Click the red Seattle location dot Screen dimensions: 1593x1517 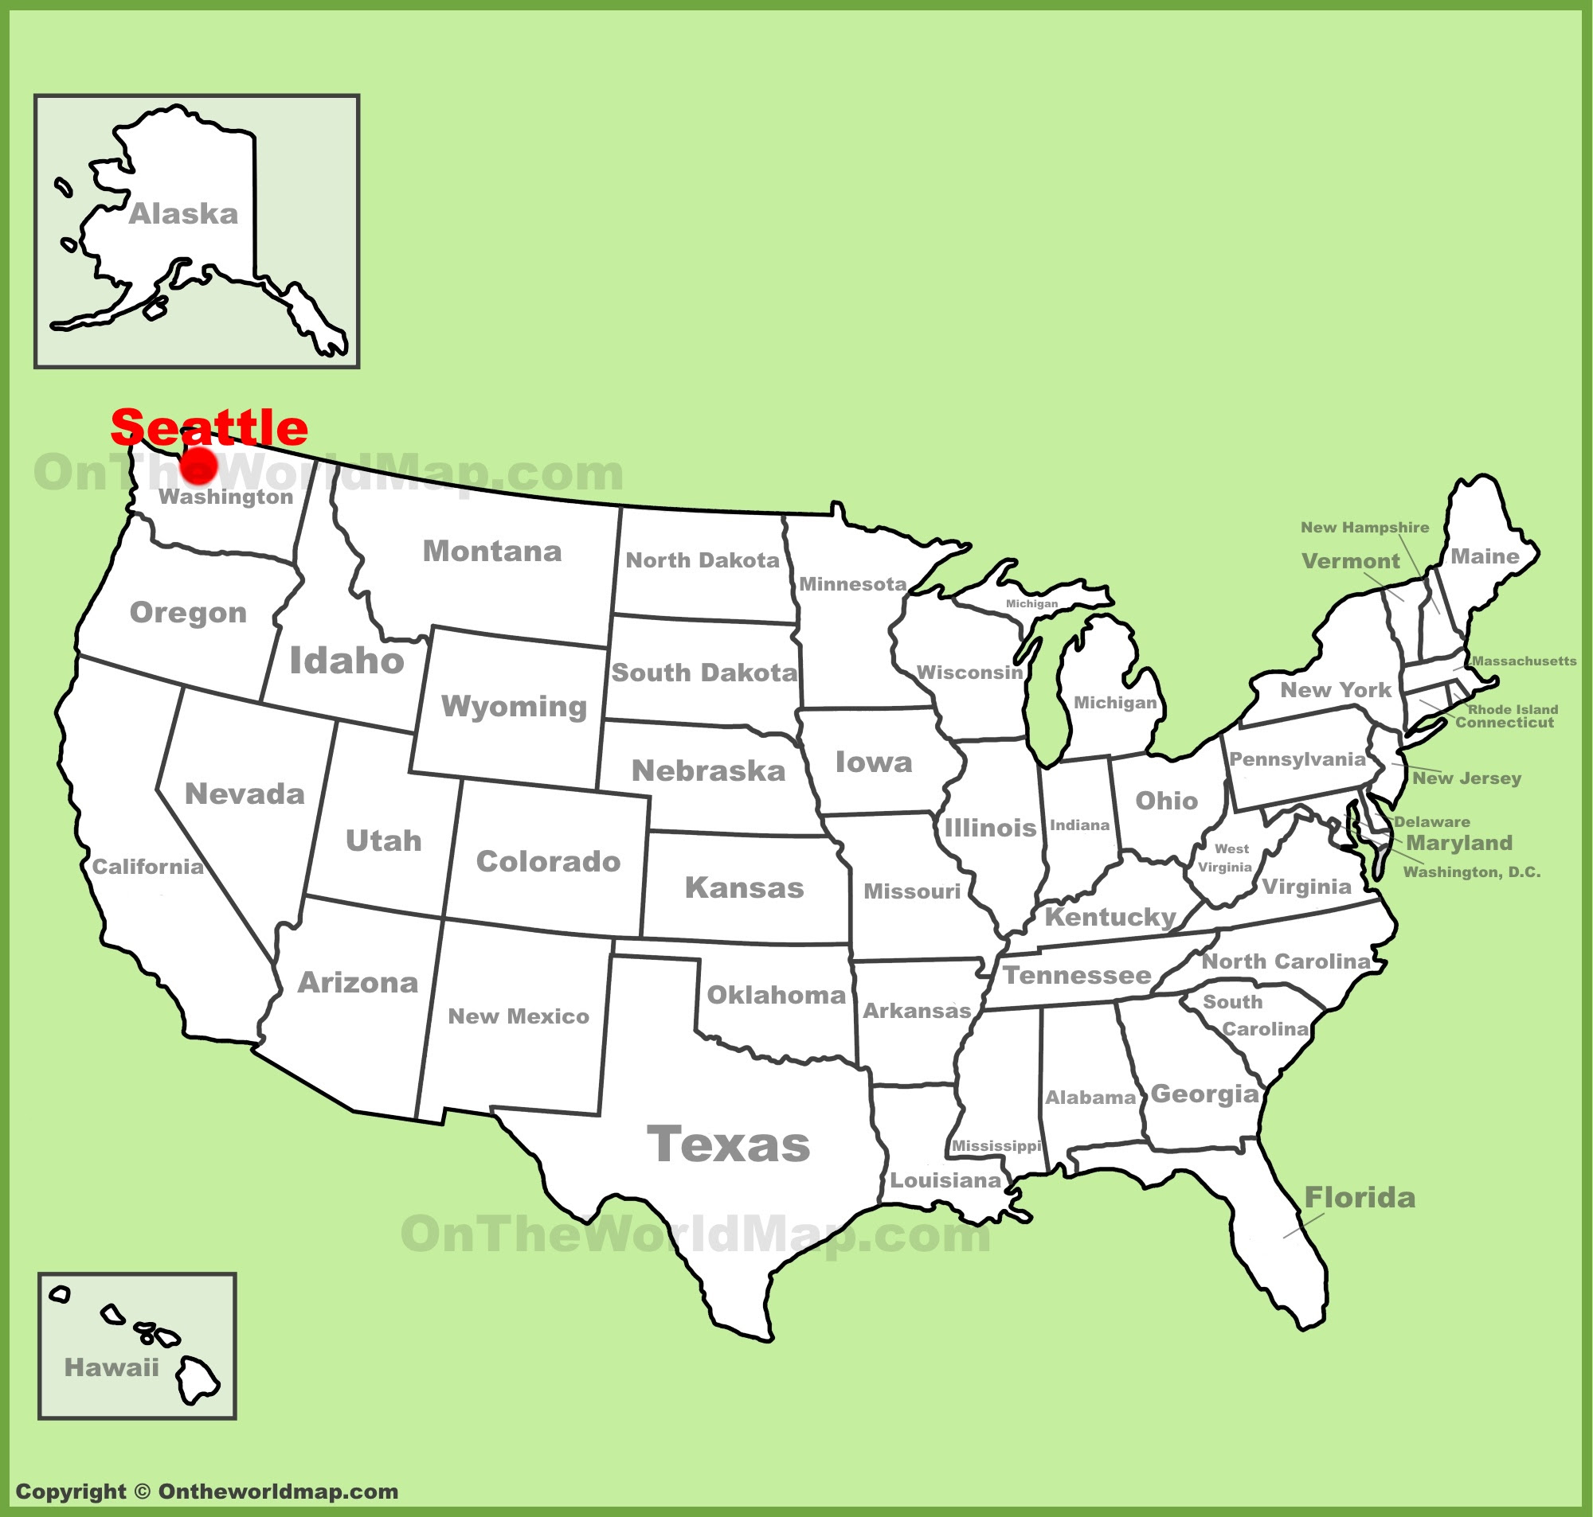point(198,466)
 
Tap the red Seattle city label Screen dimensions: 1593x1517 point(209,427)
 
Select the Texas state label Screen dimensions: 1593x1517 point(728,1145)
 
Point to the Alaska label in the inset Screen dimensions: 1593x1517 point(184,214)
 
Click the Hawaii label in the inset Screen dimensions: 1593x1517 point(112,1368)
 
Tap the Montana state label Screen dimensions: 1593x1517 point(492,552)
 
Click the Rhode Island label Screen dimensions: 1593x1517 point(1513,709)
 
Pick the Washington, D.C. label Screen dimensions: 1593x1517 point(1472,872)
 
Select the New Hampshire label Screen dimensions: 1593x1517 point(1365,527)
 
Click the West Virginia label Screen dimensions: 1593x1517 point(1227,858)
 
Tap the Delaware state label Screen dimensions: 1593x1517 point(1431,821)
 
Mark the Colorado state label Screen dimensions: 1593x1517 point(549,862)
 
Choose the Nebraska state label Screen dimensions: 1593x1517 point(709,771)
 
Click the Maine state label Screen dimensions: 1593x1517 point(1485,556)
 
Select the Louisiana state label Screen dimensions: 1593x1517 point(945,1180)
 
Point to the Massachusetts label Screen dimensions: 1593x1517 point(1525,661)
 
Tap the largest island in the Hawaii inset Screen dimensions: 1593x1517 point(197,1380)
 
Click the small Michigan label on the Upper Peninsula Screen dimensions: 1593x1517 point(1031,603)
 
